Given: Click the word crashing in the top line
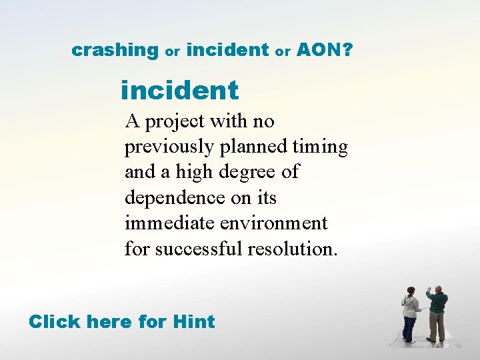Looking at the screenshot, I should [x=114, y=50].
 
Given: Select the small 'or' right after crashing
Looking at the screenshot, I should [x=173, y=51].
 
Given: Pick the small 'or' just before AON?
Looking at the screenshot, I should [x=283, y=51].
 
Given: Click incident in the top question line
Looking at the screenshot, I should [x=227, y=49].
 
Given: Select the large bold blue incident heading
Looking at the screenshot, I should [x=179, y=90].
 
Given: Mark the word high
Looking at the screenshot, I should [x=190, y=172].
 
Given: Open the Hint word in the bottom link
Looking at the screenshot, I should [x=193, y=321].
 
